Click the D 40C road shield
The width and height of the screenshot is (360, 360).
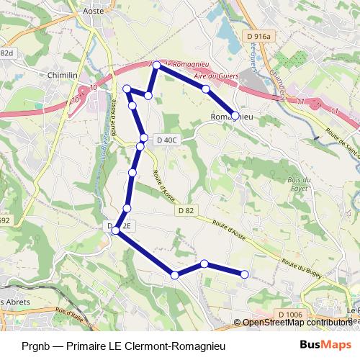click(x=166, y=140)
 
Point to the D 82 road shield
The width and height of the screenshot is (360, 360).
click(x=184, y=210)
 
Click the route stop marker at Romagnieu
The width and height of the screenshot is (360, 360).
click(x=235, y=115)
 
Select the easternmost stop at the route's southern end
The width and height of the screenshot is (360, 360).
click(x=244, y=274)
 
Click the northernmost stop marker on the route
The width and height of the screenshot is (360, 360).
click(x=157, y=66)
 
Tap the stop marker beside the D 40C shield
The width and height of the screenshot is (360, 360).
click(x=144, y=138)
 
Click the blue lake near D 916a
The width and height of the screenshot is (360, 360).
click(x=222, y=29)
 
